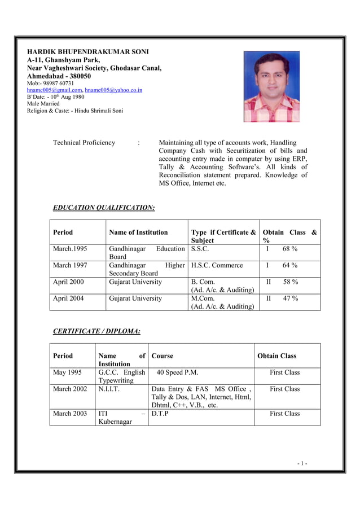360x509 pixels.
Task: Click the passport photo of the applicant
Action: (271, 86)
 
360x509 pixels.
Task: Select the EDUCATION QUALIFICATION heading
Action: (103, 208)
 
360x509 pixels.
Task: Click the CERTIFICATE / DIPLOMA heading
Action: (96, 331)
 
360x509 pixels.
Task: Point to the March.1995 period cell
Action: (70, 249)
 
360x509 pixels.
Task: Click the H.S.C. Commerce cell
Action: (217, 265)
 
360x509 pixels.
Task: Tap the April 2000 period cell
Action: (68, 282)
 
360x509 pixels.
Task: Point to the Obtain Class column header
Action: (276, 356)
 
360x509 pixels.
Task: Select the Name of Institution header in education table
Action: (138, 232)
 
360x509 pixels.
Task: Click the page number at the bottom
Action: (302, 464)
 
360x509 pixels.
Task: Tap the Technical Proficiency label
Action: (84, 143)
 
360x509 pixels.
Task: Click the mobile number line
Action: (51, 83)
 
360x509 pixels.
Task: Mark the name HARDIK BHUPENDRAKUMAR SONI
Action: (88, 51)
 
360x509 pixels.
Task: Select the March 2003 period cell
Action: (70, 414)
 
